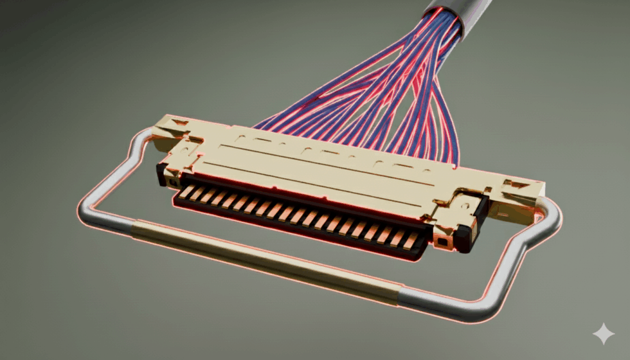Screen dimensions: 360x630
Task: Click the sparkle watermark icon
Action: coord(603,334)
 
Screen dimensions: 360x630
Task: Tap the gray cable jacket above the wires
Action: coord(473,15)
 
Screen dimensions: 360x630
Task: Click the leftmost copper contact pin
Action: coord(186,190)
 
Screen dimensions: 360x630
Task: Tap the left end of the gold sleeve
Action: coord(135,227)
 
